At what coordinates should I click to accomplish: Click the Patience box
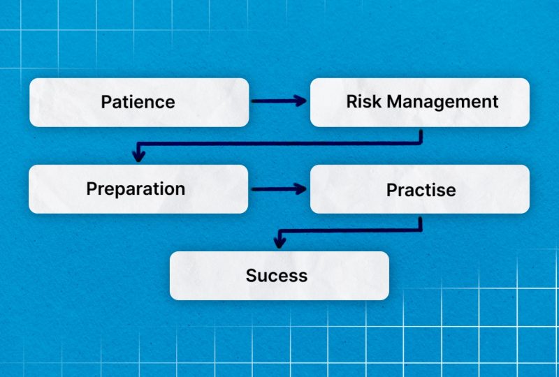coord(139,102)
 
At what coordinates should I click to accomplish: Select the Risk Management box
coord(420,102)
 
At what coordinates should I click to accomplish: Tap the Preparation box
coord(138,189)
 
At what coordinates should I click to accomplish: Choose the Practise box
coord(420,189)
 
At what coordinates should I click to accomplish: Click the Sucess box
coord(279,276)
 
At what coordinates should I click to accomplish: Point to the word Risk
coord(364,101)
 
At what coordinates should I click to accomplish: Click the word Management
coord(442,102)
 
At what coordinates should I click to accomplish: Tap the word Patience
coord(138,102)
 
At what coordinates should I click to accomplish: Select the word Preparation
coord(136,189)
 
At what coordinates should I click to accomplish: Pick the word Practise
coord(421,190)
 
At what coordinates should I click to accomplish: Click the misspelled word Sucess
coord(276,276)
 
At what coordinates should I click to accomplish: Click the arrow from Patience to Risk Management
coord(279,101)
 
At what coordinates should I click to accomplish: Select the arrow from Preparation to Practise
coord(279,189)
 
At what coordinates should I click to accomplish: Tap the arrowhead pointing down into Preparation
coord(138,156)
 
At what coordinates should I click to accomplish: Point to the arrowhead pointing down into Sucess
coord(279,242)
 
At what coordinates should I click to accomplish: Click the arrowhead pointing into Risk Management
coord(300,101)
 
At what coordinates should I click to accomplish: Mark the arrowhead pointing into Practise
coord(300,189)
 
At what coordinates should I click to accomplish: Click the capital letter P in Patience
coord(106,102)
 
